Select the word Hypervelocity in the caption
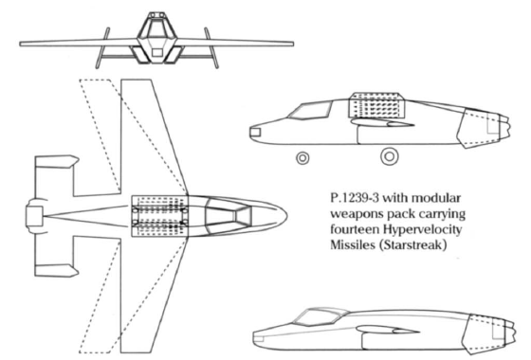[422, 229]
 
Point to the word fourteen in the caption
[355, 229]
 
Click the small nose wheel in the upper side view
[302, 158]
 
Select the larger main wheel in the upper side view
[390, 156]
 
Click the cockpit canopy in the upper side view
[310, 111]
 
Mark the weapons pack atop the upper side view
[376, 105]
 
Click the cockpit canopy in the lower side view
[317, 317]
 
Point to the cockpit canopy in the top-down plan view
[229, 216]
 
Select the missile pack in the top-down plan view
[159, 216]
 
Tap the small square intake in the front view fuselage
[156, 52]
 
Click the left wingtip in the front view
[21, 44]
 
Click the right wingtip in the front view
[292, 44]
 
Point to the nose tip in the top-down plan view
[286, 216]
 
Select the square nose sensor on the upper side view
[255, 132]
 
